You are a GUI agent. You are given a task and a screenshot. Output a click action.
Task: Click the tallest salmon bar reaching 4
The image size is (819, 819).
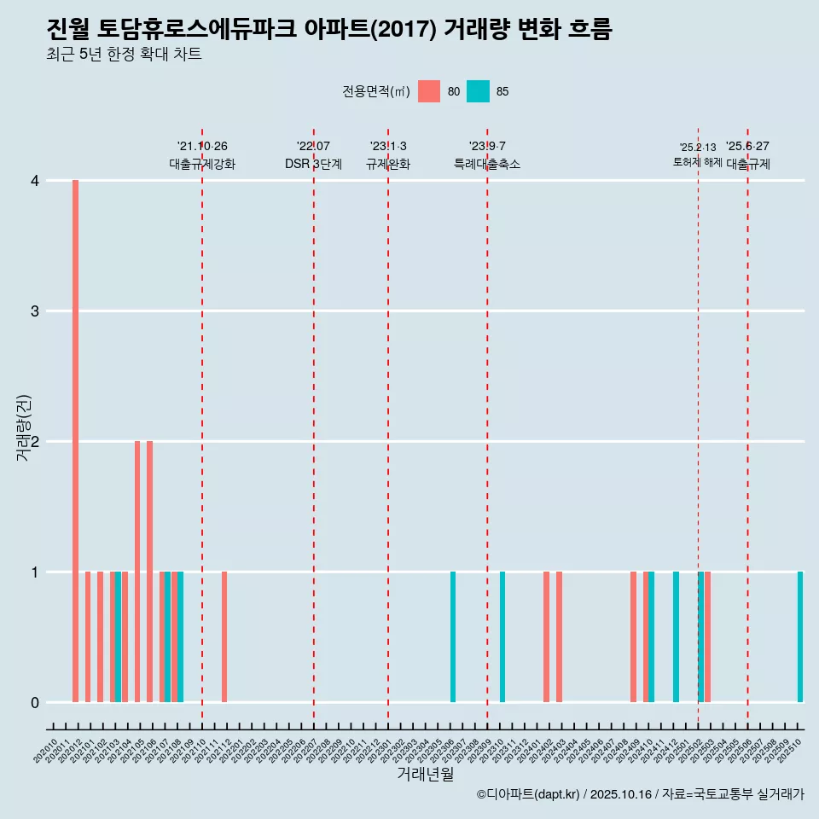point(75,441)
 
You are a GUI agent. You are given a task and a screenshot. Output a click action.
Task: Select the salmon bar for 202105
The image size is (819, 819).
point(137,572)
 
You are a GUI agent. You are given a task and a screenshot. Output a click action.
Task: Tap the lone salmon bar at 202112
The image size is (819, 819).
point(224,636)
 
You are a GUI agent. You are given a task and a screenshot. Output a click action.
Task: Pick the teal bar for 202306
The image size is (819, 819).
point(453,636)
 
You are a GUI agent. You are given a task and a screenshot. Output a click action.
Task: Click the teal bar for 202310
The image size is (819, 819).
point(502,636)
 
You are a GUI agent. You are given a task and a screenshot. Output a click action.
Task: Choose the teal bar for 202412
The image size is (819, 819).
point(676,636)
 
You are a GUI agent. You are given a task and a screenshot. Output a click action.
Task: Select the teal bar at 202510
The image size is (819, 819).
point(800,636)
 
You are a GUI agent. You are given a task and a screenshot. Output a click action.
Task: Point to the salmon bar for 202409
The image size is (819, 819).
point(633,636)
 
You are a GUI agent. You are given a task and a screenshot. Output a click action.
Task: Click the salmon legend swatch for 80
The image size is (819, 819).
point(429,91)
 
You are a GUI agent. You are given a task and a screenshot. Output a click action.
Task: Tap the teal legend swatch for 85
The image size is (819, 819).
point(479,91)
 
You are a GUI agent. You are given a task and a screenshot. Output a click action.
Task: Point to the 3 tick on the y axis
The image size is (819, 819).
point(35,311)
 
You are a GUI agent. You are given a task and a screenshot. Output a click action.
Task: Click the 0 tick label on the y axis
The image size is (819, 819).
point(35,702)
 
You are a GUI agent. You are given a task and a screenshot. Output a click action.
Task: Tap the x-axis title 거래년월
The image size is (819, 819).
point(425,775)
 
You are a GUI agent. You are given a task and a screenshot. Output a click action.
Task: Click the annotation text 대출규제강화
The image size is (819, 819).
point(202,164)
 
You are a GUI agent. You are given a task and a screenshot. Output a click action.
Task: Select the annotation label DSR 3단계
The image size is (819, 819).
point(314,164)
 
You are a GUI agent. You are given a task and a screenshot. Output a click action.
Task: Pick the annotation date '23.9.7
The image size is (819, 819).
point(487,146)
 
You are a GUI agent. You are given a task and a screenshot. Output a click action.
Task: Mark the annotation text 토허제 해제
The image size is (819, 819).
point(697,162)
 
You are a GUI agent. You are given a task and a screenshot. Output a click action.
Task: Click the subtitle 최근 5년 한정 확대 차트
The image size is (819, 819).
point(124,55)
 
